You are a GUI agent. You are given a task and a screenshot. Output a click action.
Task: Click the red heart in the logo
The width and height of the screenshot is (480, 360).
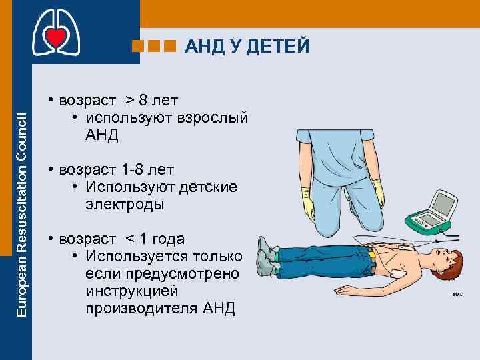(56, 38)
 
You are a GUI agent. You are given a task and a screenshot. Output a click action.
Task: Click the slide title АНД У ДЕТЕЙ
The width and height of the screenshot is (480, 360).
(247, 46)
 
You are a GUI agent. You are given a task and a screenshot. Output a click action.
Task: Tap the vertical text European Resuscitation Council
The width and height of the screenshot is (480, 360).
(21, 213)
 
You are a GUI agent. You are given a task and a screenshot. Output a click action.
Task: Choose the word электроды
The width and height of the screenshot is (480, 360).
(125, 204)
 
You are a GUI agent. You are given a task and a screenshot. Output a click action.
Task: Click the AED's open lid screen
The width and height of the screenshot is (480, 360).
(443, 200)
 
